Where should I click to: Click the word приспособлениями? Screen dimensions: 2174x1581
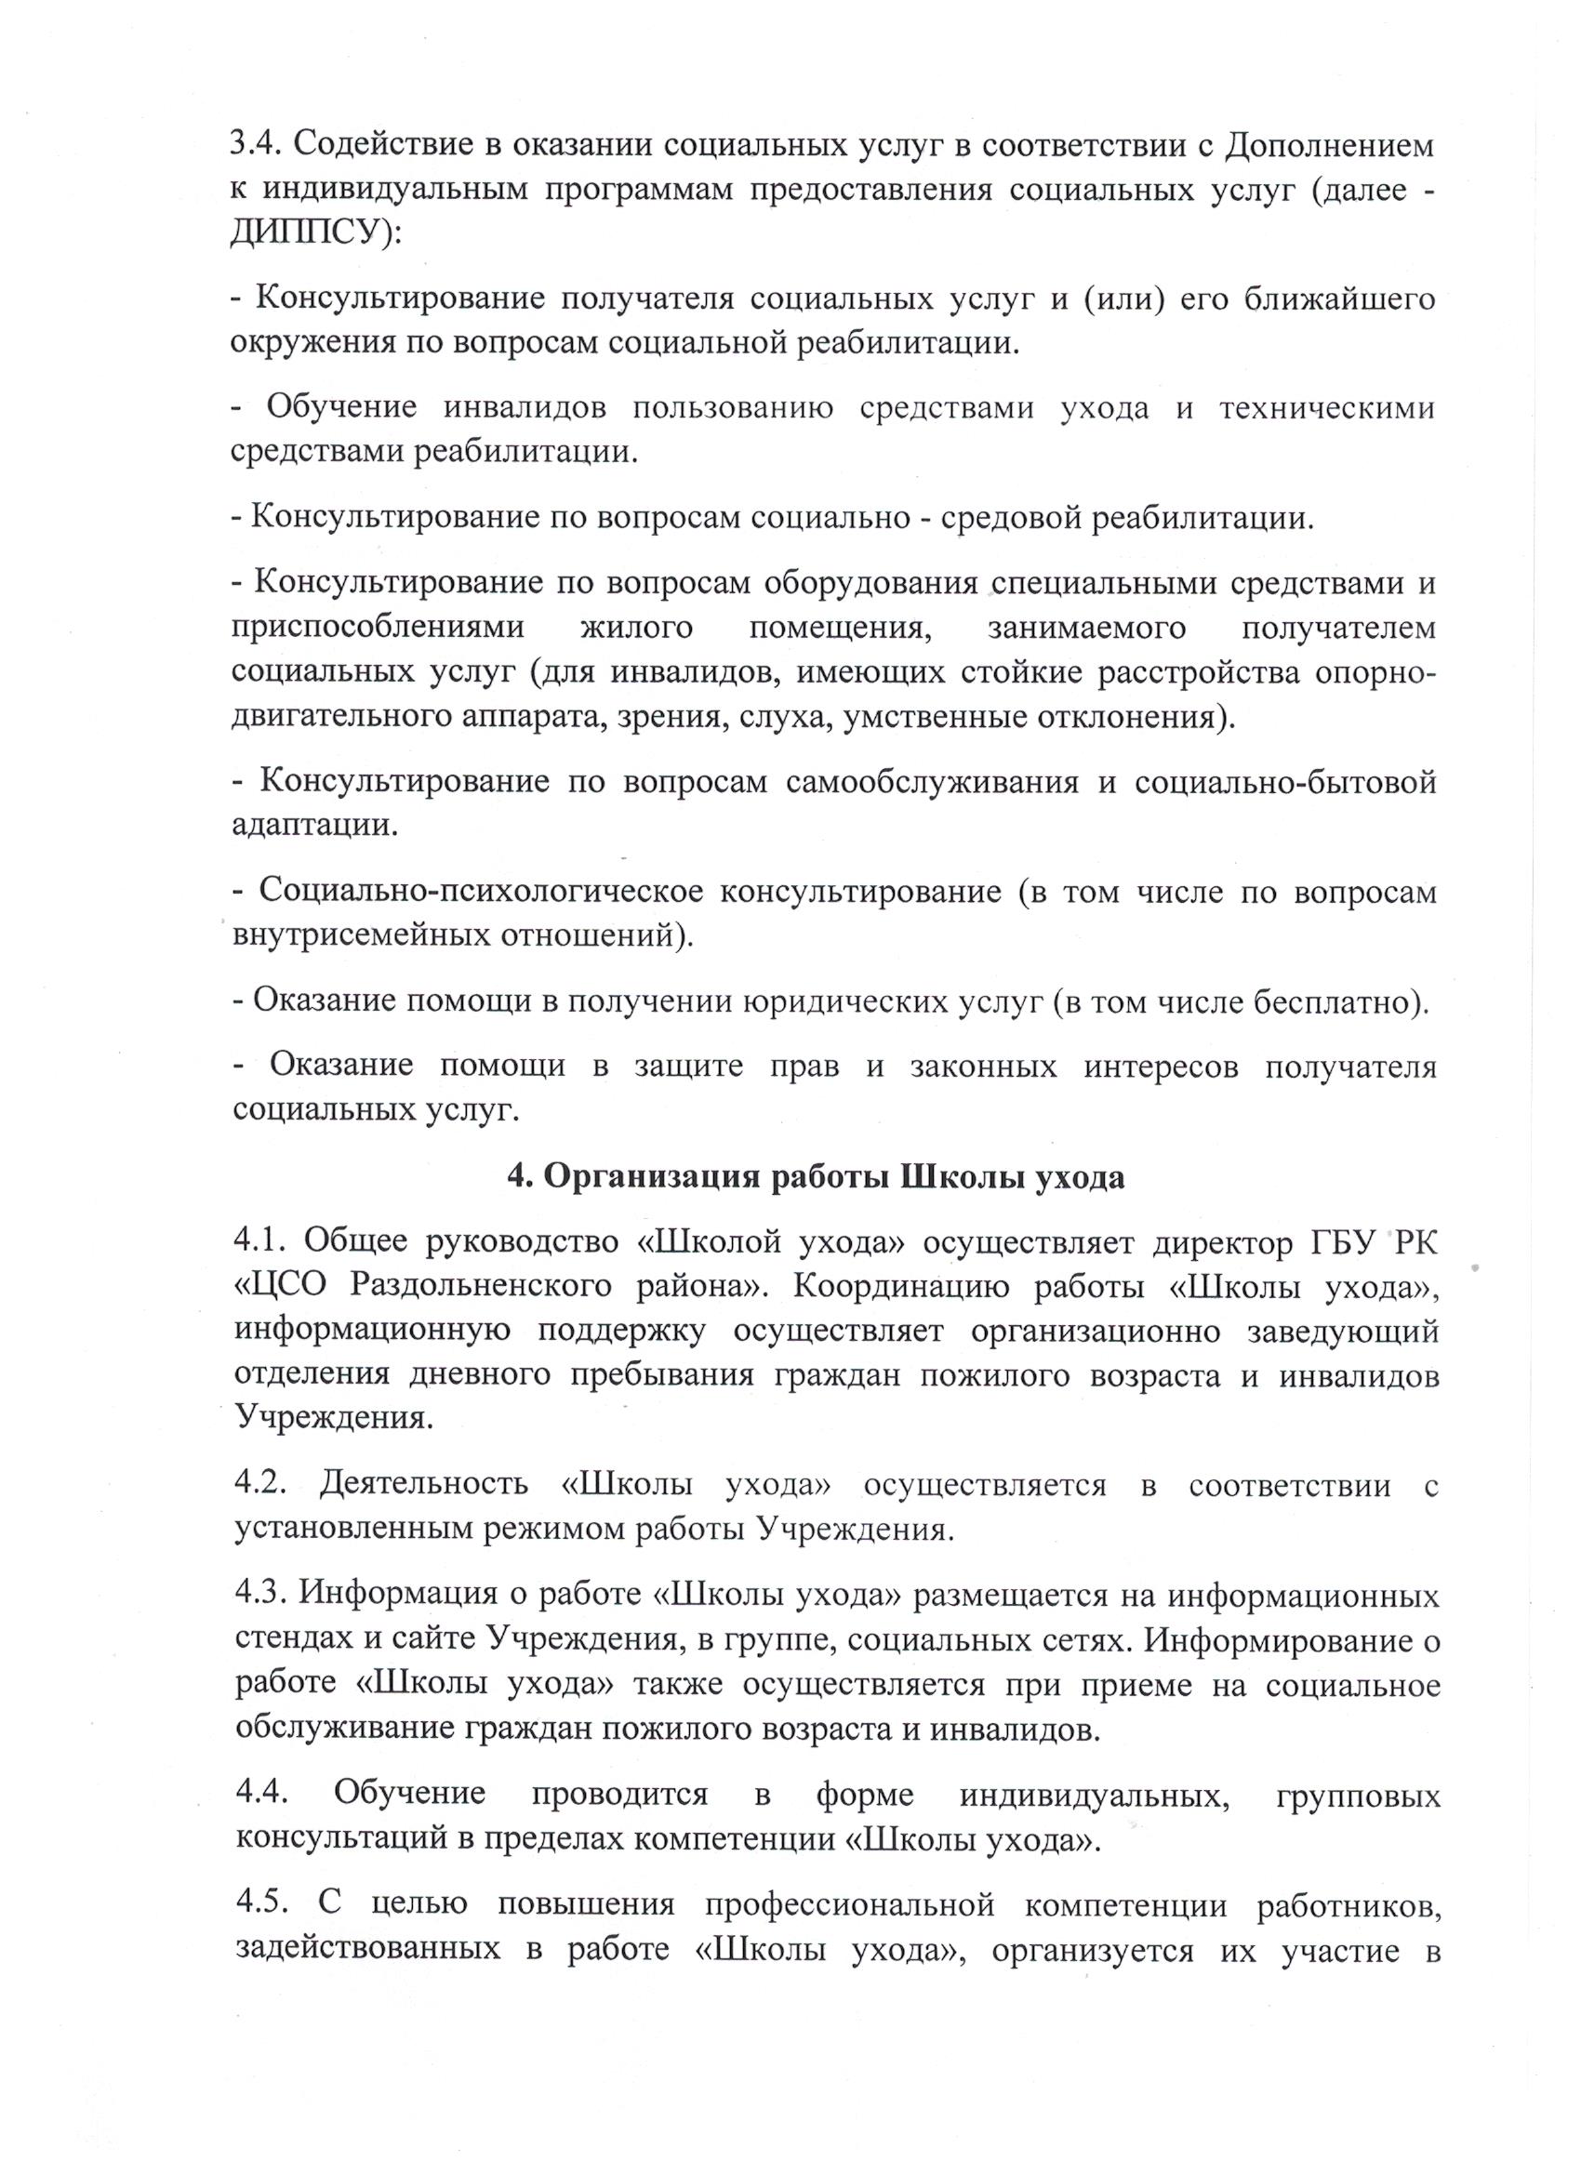(378, 628)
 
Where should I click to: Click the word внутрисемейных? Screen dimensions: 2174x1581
(360, 935)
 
